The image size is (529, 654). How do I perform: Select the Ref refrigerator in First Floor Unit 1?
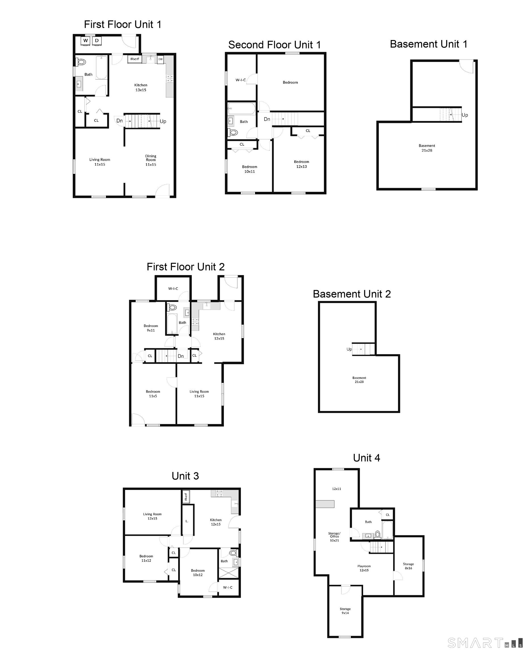coord(135,59)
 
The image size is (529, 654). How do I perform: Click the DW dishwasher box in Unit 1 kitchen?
coord(160,59)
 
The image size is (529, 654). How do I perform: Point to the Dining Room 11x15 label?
coord(151,160)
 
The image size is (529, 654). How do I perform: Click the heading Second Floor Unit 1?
coord(274,45)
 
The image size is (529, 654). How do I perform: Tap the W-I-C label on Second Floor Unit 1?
coord(240,80)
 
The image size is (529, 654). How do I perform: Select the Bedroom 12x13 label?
coord(301,164)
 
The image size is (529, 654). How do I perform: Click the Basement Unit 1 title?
coord(428,44)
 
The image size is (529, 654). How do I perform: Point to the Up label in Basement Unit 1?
coord(465,115)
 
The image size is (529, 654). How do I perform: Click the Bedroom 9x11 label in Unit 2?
coord(151,328)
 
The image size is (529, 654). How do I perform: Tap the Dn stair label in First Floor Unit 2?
coord(181,356)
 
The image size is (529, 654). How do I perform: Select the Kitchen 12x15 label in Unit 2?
coord(219,336)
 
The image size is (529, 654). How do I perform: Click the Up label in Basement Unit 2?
coord(349,349)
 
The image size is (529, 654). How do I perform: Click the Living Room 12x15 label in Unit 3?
coord(152,516)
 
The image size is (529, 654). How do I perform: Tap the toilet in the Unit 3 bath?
coord(233,553)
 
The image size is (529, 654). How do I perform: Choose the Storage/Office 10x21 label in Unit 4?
coord(334,537)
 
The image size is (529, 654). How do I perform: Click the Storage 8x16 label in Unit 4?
coord(408,566)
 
